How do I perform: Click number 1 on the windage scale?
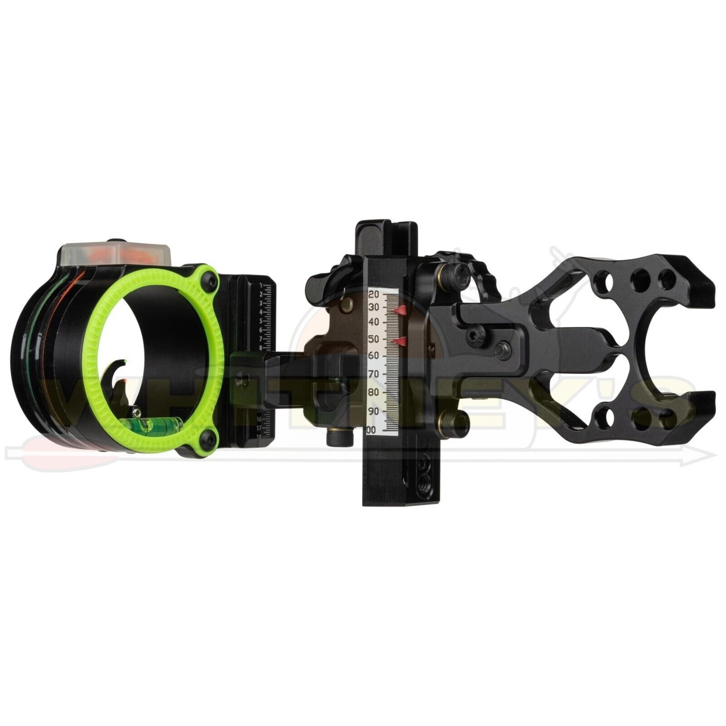261,286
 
